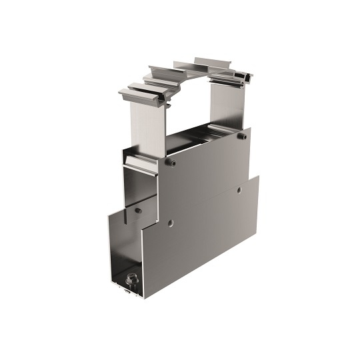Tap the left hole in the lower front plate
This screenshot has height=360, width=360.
pyautogui.click(x=171, y=222)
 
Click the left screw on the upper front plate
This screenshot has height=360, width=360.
pyautogui.click(x=171, y=163)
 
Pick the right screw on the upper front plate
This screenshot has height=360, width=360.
pyautogui.click(x=243, y=136)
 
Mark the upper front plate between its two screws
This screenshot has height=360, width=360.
pyautogui.click(x=207, y=160)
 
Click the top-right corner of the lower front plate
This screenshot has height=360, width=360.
pyautogui.click(x=257, y=177)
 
